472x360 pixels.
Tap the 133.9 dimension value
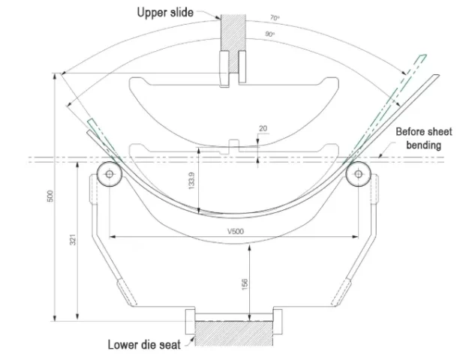[192, 180]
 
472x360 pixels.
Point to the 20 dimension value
[262, 128]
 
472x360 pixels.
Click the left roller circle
[110, 173]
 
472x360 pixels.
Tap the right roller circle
[356, 173]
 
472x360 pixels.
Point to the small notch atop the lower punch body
[233, 141]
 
